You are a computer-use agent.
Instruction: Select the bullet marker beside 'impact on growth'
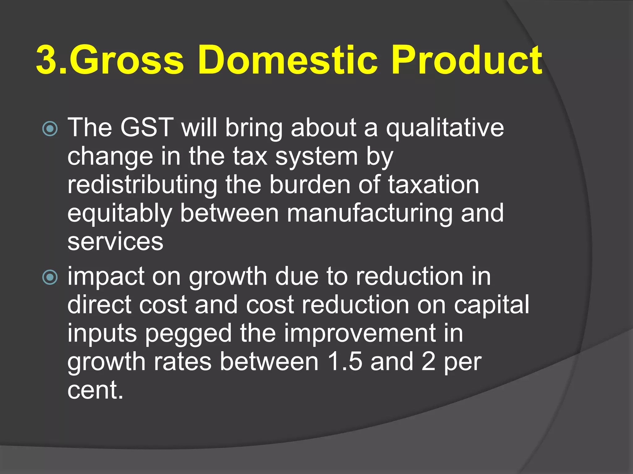tap(50, 277)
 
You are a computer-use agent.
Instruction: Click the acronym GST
tap(147, 127)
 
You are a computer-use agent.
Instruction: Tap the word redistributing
tap(142, 185)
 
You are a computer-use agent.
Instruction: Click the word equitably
tap(120, 214)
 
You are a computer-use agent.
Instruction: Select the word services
tap(115, 242)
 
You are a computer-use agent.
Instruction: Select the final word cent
tap(95, 390)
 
